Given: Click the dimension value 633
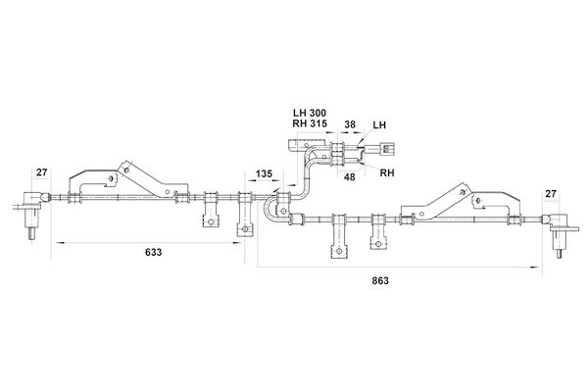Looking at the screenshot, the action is click(x=154, y=252).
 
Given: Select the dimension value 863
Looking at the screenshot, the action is click(x=380, y=280).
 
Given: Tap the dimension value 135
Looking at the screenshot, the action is click(x=264, y=174).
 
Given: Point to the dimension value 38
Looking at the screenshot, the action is click(x=350, y=124).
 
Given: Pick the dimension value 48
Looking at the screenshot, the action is click(x=350, y=176).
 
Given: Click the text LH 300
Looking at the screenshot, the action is click(x=310, y=113).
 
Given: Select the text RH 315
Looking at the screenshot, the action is click(x=310, y=123).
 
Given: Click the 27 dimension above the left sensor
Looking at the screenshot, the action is click(x=42, y=172).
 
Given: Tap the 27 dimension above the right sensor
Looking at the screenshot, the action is click(x=551, y=194).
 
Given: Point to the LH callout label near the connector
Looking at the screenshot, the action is click(x=379, y=124).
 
